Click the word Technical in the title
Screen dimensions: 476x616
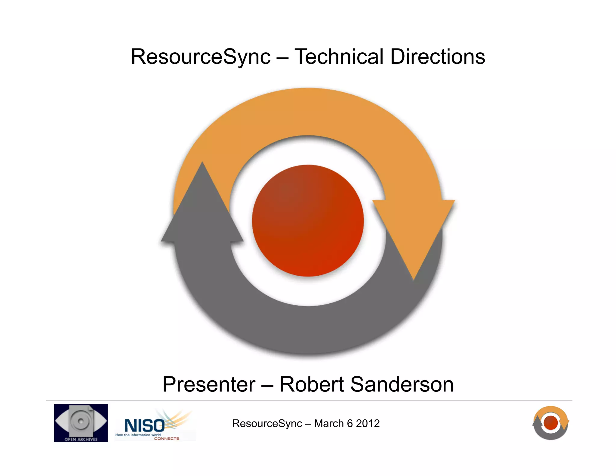(x=339, y=57)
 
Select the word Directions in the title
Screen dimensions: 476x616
(x=438, y=57)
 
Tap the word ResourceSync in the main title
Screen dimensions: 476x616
(x=201, y=57)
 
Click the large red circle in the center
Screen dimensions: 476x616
(x=308, y=221)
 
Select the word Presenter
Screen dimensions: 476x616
(x=209, y=385)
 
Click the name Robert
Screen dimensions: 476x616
(x=312, y=385)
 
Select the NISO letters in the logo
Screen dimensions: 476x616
(x=144, y=425)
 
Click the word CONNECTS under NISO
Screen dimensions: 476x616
(x=167, y=439)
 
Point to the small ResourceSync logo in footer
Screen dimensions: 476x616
(x=550, y=423)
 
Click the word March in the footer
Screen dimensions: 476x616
(x=329, y=424)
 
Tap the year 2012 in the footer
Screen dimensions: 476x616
(x=368, y=424)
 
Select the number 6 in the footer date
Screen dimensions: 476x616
(x=350, y=424)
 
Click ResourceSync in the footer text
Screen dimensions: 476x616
(x=267, y=424)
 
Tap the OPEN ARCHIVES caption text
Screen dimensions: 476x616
(x=81, y=439)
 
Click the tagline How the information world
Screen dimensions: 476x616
(x=138, y=435)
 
